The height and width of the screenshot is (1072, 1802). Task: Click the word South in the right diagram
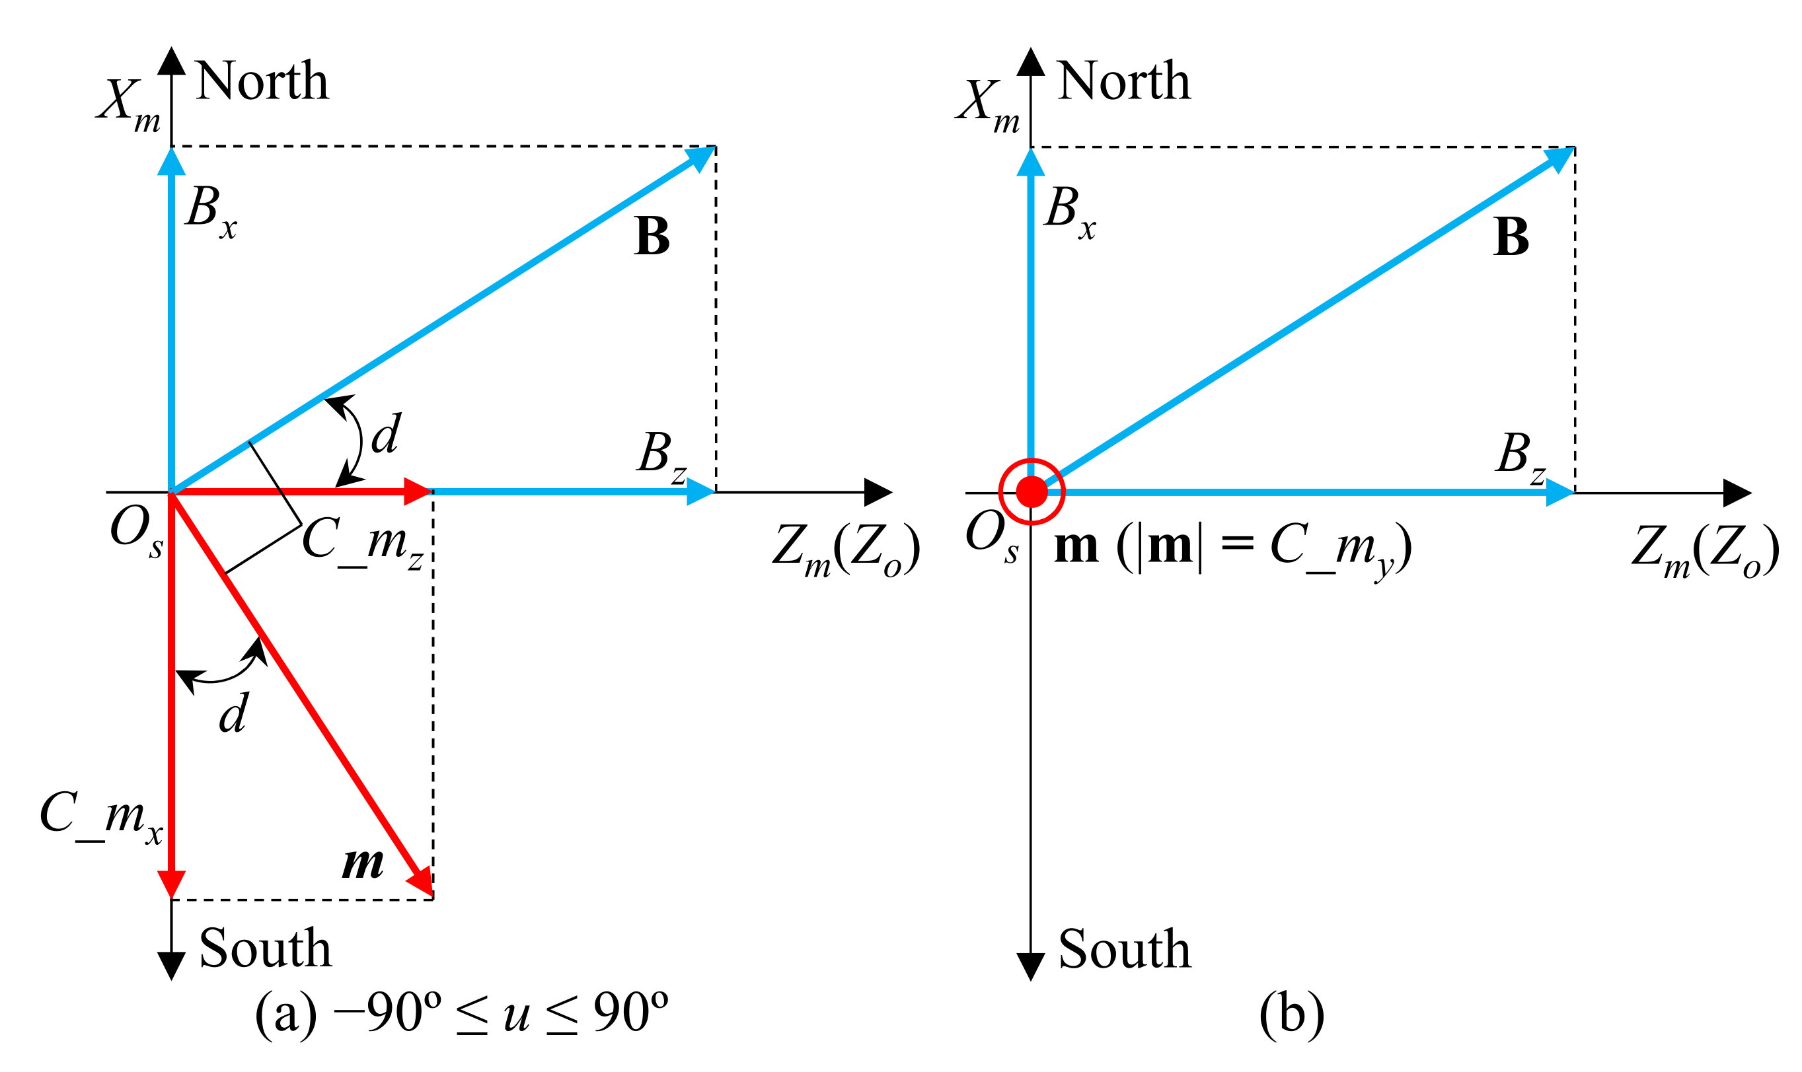tap(1123, 948)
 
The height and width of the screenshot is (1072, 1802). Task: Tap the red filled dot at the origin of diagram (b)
tap(1031, 492)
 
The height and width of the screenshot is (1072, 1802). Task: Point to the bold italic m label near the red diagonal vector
tap(362, 863)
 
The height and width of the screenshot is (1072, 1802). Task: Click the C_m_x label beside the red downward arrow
tap(101, 816)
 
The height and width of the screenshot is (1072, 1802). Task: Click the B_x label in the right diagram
tap(1069, 211)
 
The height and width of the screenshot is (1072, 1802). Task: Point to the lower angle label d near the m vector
tap(233, 714)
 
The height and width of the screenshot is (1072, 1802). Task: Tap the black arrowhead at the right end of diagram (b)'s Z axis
tap(1735, 493)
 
